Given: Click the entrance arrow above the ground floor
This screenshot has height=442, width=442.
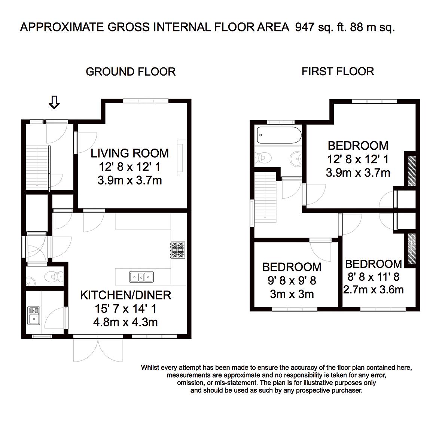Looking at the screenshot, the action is click(x=54, y=102).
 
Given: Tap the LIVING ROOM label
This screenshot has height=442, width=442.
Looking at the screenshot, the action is click(x=129, y=153).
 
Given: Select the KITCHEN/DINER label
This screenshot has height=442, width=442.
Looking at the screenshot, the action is click(x=126, y=295).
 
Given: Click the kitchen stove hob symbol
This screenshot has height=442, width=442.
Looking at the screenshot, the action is click(x=178, y=250).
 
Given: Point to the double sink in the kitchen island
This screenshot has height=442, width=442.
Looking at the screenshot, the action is click(x=141, y=277).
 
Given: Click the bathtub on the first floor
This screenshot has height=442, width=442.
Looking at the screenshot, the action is click(x=279, y=135).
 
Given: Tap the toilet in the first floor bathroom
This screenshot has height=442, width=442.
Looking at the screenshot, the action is click(x=263, y=158).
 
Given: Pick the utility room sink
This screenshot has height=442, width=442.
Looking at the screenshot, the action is click(x=34, y=316).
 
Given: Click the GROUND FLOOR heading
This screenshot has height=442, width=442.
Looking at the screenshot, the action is click(x=131, y=71).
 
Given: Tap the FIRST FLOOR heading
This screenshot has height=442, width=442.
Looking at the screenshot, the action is click(x=338, y=71).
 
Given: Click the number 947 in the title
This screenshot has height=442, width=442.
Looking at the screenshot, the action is click(x=305, y=27).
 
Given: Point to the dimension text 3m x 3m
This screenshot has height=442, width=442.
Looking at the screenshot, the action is click(x=292, y=294).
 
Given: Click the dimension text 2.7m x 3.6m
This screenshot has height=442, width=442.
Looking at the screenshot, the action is click(x=374, y=290).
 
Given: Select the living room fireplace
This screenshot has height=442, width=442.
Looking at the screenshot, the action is click(x=182, y=158).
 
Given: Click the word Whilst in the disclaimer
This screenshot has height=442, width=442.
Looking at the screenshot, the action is click(x=150, y=368).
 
